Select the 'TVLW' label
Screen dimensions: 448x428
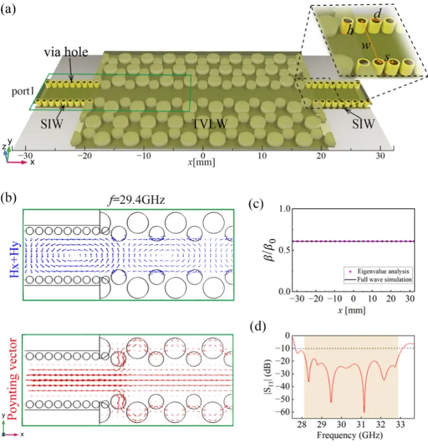[208, 124]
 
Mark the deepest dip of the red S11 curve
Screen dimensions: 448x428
[364, 411]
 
